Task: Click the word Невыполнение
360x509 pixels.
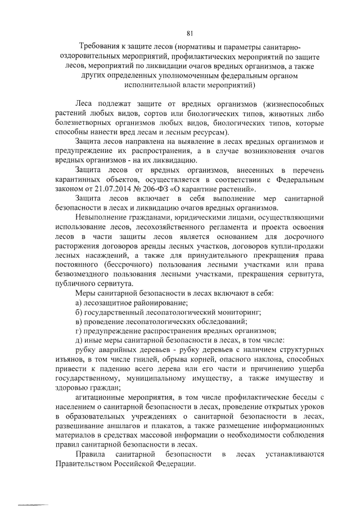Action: click(x=102, y=217)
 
